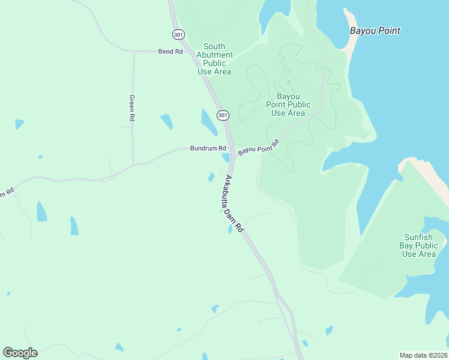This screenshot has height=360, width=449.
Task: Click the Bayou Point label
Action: coord(375,31)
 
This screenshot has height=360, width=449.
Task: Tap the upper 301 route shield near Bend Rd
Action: coord(178,35)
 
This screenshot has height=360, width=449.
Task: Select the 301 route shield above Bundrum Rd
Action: coord(223,115)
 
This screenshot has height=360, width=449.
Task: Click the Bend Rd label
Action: coord(170,52)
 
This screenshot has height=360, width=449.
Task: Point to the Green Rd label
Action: coord(131,108)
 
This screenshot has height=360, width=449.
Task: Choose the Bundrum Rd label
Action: coord(208,148)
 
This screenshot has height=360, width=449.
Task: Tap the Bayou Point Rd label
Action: coord(259,147)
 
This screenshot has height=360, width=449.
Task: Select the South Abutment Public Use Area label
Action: coord(214,59)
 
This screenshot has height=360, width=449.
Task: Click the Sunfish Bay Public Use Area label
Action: coord(419,245)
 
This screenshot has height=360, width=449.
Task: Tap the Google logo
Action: coord(20,352)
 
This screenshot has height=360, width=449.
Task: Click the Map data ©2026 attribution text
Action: coord(423,355)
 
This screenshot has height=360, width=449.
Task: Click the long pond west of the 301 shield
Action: coord(209,122)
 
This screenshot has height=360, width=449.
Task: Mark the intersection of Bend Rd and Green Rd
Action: coord(133,52)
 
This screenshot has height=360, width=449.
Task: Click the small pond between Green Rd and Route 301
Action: coord(166,122)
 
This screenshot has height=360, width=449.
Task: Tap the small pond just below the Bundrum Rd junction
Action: coord(226,158)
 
